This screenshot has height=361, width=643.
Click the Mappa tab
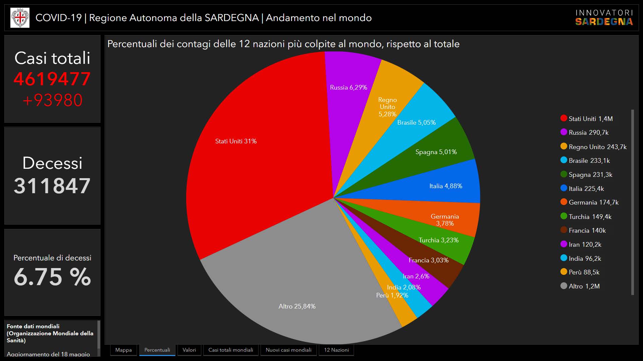(x=123, y=350)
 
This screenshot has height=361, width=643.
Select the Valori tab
(x=189, y=350)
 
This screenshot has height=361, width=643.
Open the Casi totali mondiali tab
(x=231, y=350)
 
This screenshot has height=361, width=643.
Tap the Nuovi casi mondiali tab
(x=288, y=350)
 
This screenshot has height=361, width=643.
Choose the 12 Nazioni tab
(x=336, y=350)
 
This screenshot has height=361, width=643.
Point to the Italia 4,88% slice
(x=445, y=186)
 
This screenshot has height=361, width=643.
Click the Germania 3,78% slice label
(x=445, y=220)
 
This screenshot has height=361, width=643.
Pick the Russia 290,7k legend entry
(x=588, y=133)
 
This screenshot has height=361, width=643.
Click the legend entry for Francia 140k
(x=587, y=231)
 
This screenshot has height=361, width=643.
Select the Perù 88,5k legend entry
(x=584, y=272)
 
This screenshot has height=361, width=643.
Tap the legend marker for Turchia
(x=564, y=216)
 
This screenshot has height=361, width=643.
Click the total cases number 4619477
(x=52, y=79)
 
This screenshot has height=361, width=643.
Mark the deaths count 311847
(x=52, y=186)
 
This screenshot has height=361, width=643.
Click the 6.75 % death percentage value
(x=52, y=277)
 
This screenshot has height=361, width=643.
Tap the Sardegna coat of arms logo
(x=20, y=18)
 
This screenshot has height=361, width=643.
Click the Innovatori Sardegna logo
(x=604, y=18)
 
